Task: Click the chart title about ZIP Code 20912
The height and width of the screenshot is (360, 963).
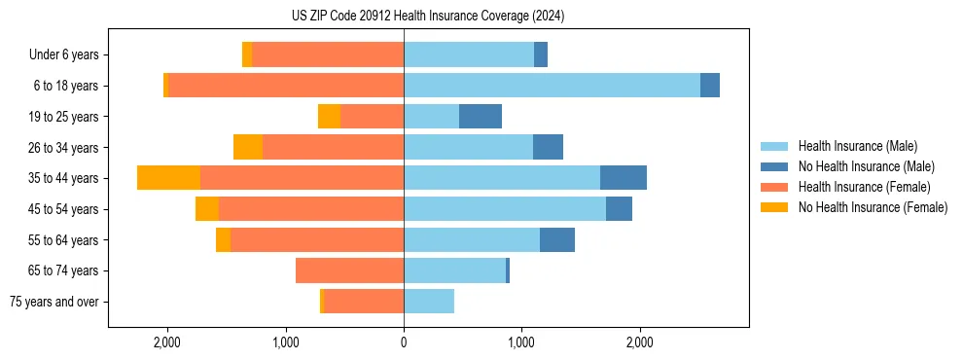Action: tap(428, 17)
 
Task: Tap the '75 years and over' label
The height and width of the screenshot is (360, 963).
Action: tap(54, 302)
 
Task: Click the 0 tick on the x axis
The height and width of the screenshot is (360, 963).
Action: tap(404, 342)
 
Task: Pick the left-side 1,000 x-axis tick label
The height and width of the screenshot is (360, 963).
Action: tap(285, 342)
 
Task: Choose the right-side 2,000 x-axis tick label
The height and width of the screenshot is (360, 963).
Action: tap(639, 342)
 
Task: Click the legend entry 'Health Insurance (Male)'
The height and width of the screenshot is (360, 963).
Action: tap(857, 146)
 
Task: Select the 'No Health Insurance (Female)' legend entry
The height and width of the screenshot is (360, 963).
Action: tap(873, 207)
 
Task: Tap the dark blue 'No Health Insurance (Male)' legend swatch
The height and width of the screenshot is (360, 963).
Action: tap(776, 166)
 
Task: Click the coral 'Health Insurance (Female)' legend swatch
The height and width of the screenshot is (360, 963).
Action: tap(776, 187)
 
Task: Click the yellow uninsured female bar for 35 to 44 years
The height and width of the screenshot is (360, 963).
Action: tap(168, 178)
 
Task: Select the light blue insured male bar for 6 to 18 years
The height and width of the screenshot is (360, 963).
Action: tap(552, 86)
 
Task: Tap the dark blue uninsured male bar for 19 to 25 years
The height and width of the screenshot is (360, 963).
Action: tap(481, 117)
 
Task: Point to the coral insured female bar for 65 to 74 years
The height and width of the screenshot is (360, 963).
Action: tap(349, 270)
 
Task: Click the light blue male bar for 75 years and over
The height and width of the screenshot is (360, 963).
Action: tap(429, 302)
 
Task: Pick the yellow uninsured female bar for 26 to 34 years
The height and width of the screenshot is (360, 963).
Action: tap(248, 147)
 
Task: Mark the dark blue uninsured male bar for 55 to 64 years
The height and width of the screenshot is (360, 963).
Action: tap(557, 239)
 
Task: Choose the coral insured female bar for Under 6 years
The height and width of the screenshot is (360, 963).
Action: tap(328, 55)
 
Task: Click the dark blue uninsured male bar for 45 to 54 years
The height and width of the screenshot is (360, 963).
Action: tap(619, 209)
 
